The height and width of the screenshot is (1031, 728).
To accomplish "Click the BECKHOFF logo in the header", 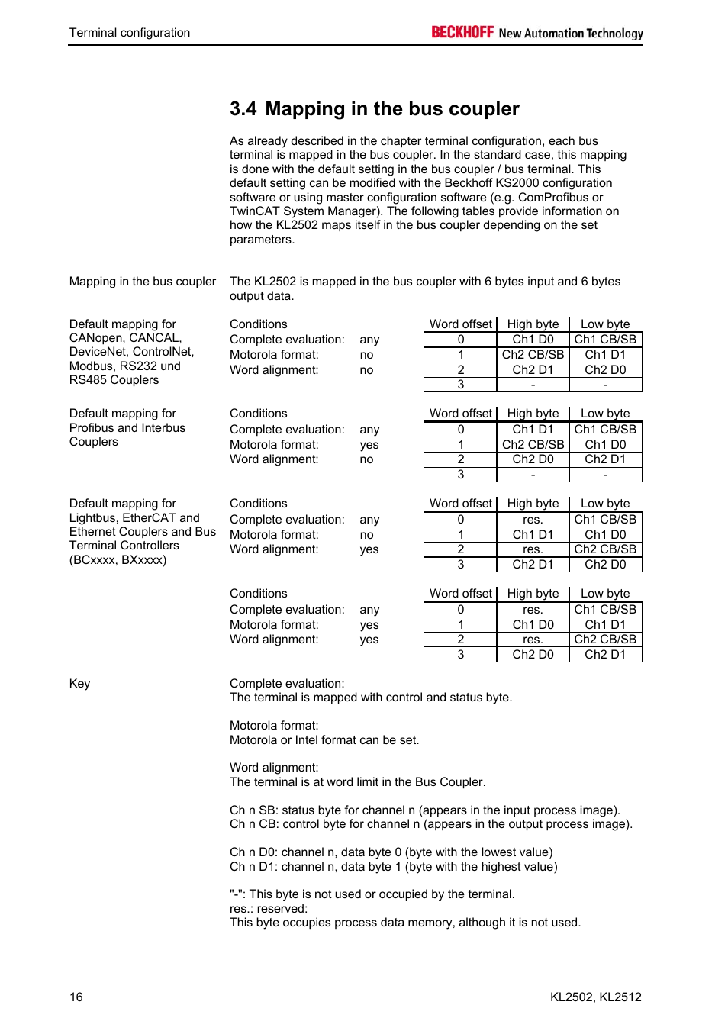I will (462, 32).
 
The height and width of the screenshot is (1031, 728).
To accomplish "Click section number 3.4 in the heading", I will (243, 109).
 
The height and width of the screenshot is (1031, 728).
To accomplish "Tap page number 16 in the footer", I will (76, 997).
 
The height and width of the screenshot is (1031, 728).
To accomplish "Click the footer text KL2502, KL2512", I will (595, 997).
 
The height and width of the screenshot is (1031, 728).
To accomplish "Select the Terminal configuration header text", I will (130, 33).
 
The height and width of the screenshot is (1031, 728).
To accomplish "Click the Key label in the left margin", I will (79, 684).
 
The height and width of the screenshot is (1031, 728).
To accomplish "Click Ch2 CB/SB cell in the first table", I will (533, 355).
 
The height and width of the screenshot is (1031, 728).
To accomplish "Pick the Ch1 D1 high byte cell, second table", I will (533, 430).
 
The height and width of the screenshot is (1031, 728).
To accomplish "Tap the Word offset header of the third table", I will (460, 504).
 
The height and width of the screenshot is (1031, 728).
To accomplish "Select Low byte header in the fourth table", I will (605, 594).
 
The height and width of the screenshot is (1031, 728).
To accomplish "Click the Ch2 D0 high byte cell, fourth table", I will (533, 655).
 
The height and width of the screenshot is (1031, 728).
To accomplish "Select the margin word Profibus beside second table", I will (93, 428).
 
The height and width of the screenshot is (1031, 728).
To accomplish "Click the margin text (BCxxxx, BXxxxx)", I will (118, 560).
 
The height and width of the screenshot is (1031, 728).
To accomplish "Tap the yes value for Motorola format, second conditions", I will (369, 445).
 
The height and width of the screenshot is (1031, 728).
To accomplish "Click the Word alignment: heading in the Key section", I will (273, 768).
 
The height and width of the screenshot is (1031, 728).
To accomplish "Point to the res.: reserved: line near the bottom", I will (269, 909).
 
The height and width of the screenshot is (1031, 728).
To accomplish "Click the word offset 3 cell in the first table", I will (460, 385).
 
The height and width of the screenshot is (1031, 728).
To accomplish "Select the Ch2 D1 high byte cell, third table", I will (533, 565).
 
